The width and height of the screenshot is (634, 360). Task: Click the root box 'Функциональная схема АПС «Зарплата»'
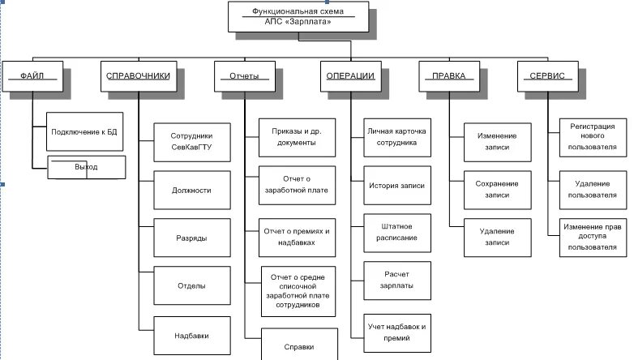[x=298, y=17]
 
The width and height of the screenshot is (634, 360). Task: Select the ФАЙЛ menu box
[x=33, y=76]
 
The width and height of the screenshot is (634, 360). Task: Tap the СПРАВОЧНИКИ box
[x=138, y=76]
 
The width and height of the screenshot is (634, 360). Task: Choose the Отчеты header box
[x=244, y=76]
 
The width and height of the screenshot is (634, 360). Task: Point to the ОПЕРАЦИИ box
[x=350, y=76]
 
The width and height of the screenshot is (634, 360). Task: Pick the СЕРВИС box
[x=547, y=76]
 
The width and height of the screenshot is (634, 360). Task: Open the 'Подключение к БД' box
[x=86, y=131]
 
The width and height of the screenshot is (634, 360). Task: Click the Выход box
[x=86, y=167]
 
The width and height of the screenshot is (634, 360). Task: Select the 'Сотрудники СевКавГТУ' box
[x=192, y=141]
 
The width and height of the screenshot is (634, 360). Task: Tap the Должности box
[x=192, y=191]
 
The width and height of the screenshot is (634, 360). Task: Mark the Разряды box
[x=192, y=238]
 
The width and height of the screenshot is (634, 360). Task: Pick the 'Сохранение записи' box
[x=497, y=190]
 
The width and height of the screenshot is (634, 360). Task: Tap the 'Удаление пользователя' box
[x=593, y=190]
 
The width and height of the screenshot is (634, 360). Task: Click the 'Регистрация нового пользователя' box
[x=593, y=136]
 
